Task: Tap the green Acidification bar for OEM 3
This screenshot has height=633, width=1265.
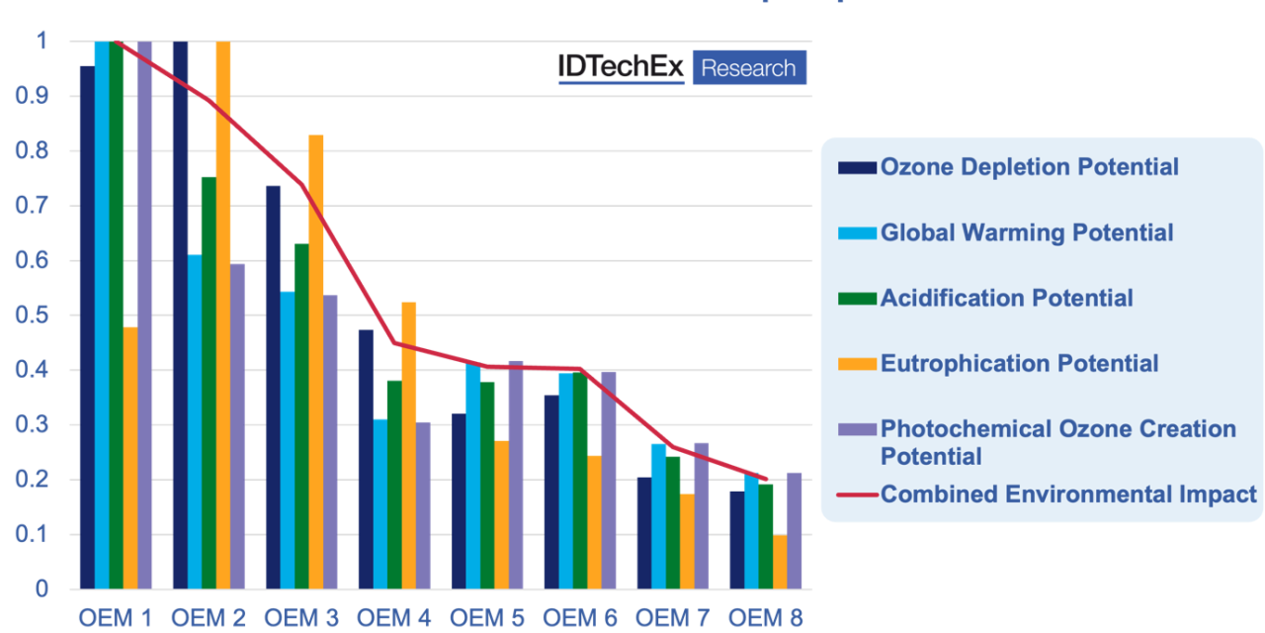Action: (301, 415)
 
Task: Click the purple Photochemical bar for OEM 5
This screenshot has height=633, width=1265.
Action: (516, 475)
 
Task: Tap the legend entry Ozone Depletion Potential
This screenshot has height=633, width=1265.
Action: (1029, 167)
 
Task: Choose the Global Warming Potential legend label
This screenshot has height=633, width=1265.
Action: (1027, 232)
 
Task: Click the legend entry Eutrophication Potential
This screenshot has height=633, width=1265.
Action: (1019, 363)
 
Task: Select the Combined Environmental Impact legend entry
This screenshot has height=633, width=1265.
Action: (1067, 494)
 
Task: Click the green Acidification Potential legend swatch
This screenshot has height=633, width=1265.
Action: (857, 299)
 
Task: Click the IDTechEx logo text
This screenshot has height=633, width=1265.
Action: (621, 67)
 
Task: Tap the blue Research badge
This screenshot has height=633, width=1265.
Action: (749, 68)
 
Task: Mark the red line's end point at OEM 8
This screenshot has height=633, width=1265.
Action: (767, 480)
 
